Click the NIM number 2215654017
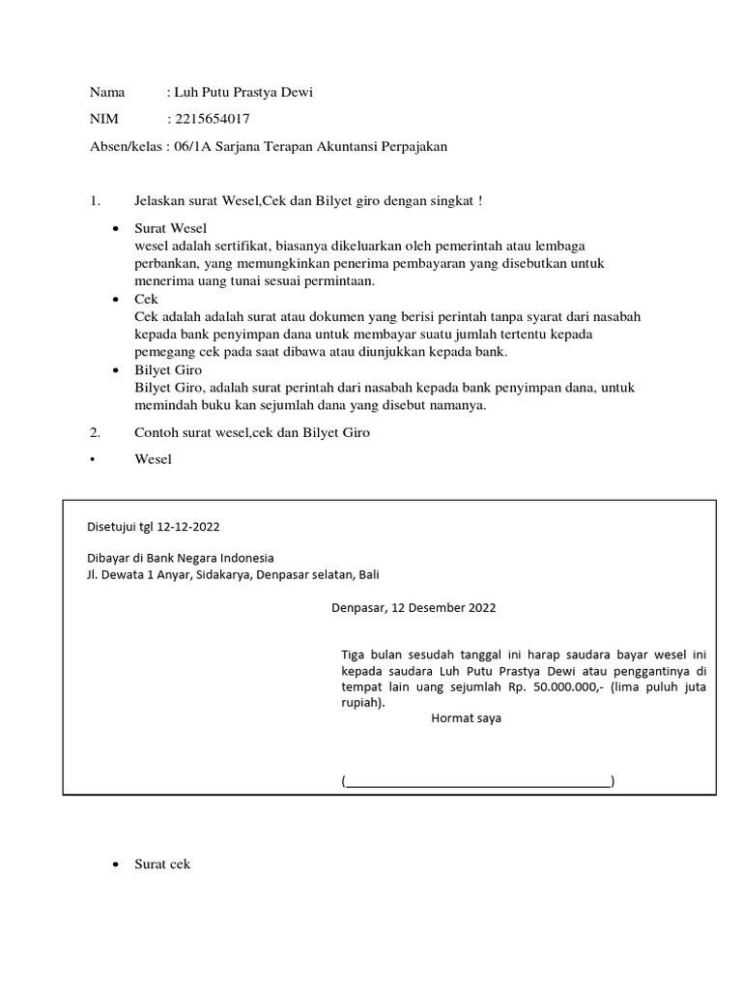click(211, 119)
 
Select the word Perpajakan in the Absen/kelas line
click(410, 146)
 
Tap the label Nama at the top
click(107, 92)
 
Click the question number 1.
click(95, 200)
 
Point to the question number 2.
click(95, 432)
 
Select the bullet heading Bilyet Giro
click(168, 370)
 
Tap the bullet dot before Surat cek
click(116, 864)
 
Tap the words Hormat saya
click(466, 719)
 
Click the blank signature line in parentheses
click(478, 781)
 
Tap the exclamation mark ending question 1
click(480, 200)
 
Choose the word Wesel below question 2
click(153, 459)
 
